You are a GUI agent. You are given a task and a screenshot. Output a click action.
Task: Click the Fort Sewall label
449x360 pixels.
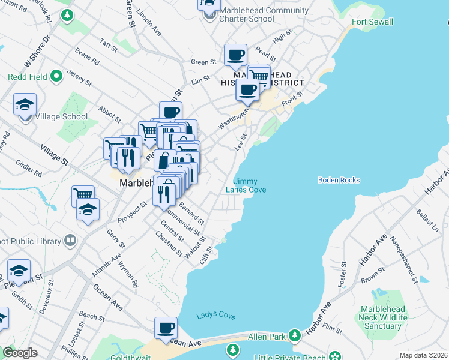(x=372, y=22)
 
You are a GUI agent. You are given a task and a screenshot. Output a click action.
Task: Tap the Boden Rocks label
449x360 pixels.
(x=339, y=180)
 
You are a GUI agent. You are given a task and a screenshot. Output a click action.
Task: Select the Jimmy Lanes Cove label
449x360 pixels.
(x=246, y=185)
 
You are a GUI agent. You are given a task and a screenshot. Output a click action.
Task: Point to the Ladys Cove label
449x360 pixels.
(x=216, y=316)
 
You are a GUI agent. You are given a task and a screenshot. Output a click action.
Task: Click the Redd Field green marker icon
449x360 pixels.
(x=56, y=76)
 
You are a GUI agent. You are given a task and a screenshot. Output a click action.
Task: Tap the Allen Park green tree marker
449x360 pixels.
(x=294, y=335)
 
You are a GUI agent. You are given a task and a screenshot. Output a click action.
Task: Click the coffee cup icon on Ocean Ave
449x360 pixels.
(x=166, y=328)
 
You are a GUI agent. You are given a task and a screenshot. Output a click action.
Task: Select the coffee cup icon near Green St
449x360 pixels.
(x=236, y=55)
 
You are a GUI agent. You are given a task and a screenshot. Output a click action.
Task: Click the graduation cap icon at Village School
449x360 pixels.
(x=25, y=104)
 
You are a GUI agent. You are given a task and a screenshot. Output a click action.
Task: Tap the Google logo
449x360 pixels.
(x=20, y=353)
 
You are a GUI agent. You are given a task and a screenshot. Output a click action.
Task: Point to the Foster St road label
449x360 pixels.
(x=343, y=274)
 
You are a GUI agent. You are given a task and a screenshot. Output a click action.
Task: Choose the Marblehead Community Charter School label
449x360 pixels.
(x=264, y=14)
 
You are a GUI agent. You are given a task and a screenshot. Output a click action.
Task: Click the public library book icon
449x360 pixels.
(x=70, y=241)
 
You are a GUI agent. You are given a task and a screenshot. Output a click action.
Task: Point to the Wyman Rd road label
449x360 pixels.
(x=128, y=273)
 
